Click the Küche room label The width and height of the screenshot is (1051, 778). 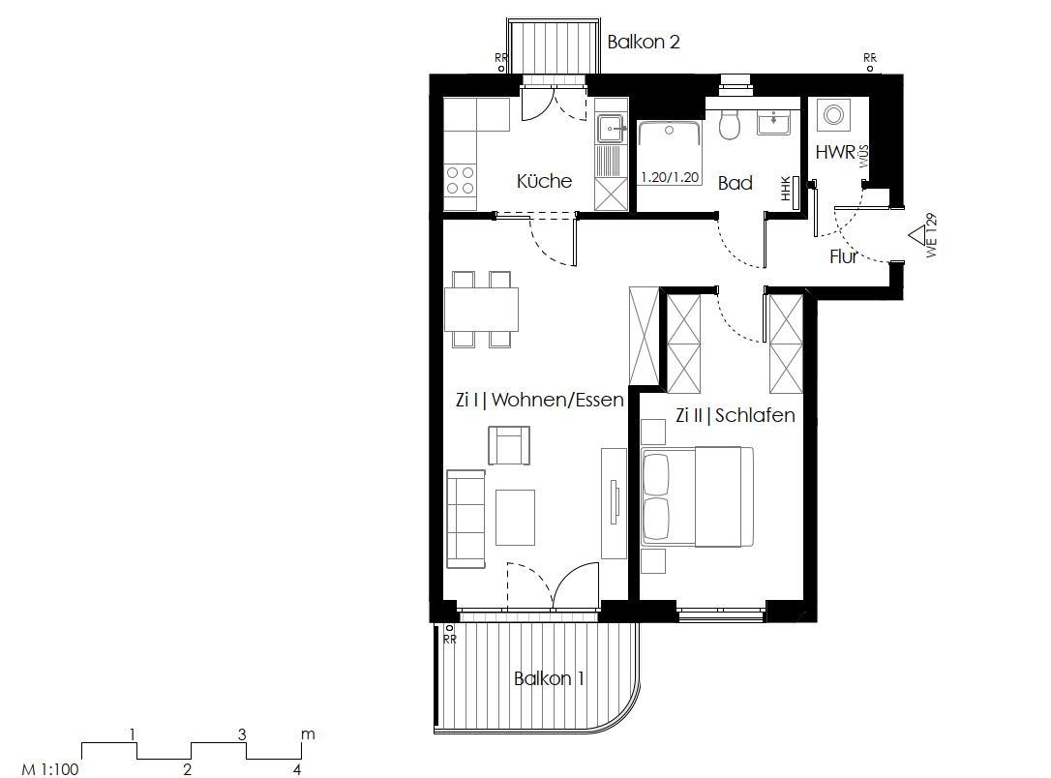544,181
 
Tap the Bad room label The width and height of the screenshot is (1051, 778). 735,183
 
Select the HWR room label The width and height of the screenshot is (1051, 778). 834,152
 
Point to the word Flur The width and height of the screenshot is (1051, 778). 844,257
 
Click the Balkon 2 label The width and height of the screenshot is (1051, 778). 644,43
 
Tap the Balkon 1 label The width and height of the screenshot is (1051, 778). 549,678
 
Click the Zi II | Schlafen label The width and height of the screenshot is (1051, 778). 736,415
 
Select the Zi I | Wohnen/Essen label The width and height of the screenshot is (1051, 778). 539,400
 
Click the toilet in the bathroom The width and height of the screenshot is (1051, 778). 731,123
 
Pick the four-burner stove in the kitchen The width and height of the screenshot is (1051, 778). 461,180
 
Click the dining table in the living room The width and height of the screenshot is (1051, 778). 481,309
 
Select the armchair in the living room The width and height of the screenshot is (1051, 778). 509,445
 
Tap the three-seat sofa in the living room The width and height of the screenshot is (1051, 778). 465,519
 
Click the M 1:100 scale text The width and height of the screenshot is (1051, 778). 49,769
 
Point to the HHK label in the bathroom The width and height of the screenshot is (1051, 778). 787,190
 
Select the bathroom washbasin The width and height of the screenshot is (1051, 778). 773,123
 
